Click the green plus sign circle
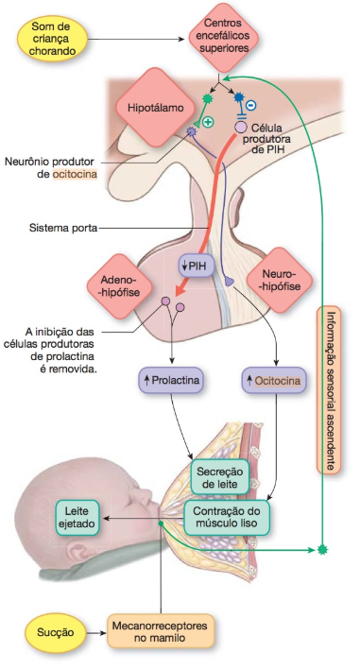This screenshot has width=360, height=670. coord(208,123)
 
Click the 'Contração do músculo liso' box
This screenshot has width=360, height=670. coord(230,516)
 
